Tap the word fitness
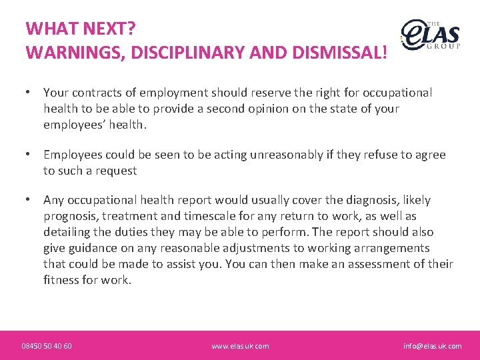coord(62,280)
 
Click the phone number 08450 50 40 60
coord(47,346)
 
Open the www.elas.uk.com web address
coord(240,346)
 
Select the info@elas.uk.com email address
coord(432,346)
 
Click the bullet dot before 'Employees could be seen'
coord(28,155)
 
